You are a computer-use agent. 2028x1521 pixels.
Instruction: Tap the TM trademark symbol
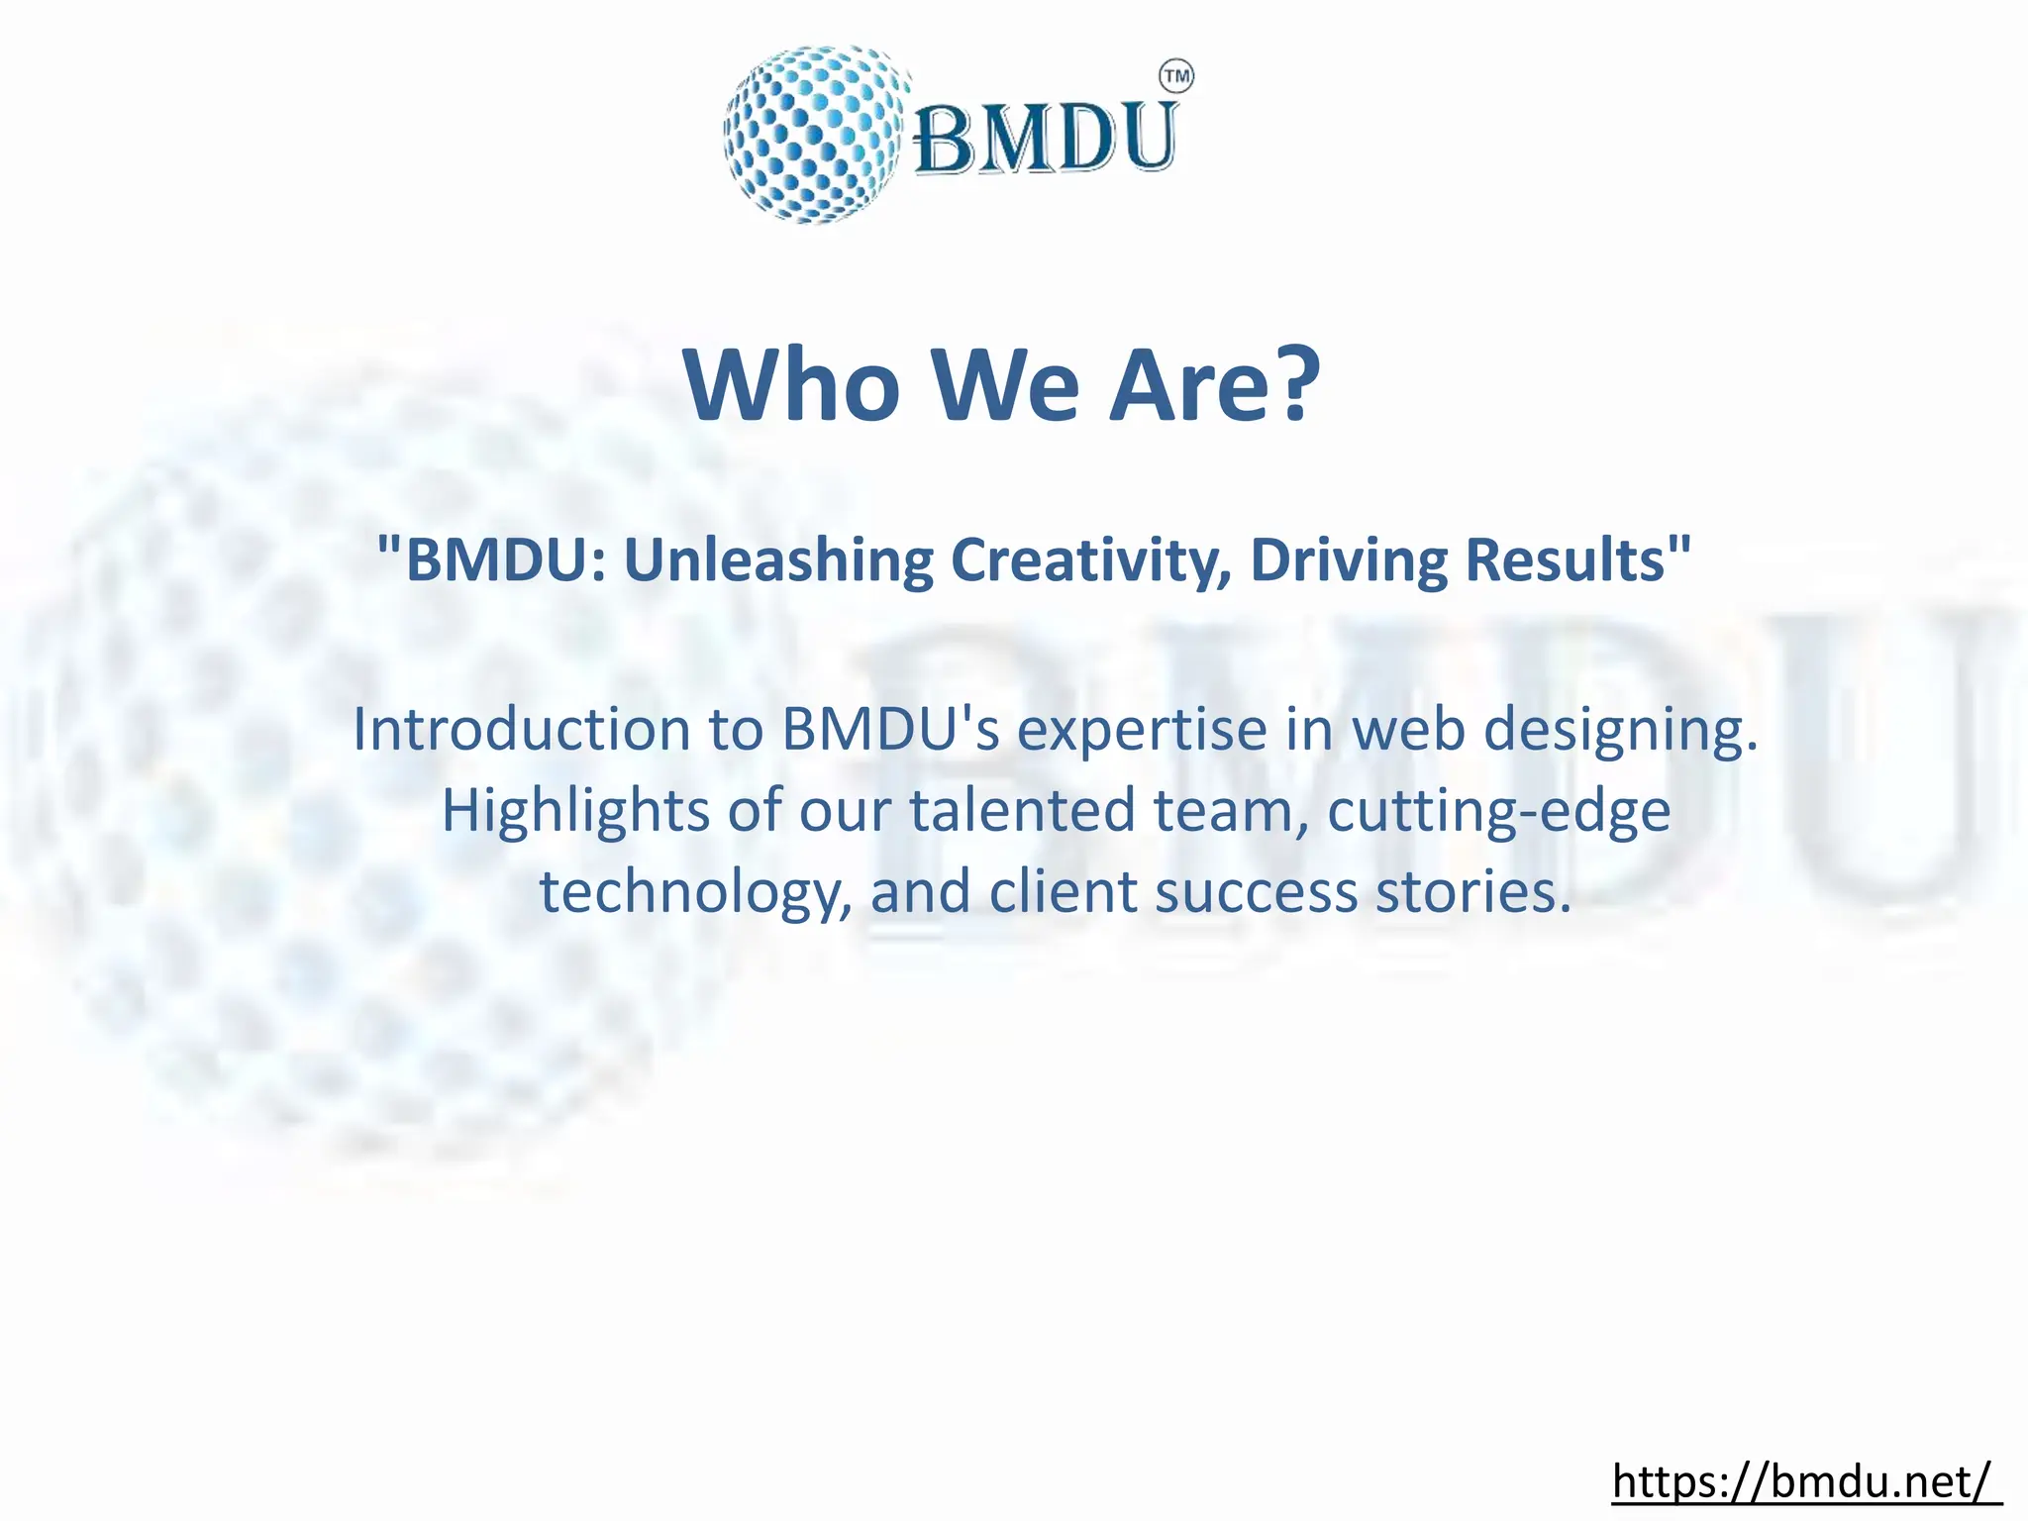1175,76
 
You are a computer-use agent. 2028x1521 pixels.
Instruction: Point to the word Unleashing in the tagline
777,559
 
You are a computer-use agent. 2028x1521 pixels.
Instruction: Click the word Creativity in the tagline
1091,559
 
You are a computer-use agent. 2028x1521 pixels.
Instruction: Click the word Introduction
521,730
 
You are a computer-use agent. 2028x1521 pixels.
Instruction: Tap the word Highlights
574,811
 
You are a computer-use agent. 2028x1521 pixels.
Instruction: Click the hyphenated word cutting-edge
1498,811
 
